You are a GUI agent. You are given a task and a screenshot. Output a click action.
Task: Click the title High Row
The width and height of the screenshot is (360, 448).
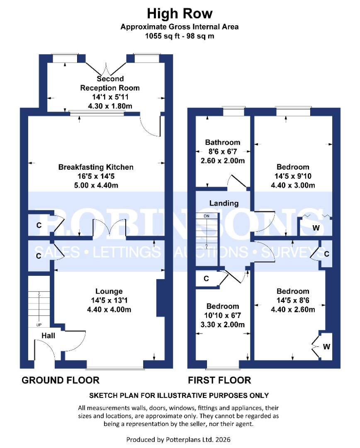coord(180,14)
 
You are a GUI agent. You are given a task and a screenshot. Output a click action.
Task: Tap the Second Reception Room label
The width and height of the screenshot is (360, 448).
coord(109,83)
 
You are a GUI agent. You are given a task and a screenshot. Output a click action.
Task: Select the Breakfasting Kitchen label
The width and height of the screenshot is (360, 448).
coord(96,167)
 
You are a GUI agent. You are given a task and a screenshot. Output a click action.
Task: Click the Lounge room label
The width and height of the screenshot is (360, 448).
coord(109,291)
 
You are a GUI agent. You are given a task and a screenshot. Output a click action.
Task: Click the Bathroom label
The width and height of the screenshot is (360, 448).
coord(223,143)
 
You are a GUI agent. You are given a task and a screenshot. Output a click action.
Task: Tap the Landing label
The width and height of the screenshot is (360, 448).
coord(224,203)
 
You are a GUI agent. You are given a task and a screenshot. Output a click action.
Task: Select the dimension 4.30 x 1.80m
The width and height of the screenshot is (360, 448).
coord(109,106)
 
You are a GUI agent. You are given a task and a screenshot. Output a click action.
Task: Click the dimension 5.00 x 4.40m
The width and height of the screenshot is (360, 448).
coord(96,185)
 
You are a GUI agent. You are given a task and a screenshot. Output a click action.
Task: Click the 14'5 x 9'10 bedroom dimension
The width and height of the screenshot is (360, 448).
coord(293,176)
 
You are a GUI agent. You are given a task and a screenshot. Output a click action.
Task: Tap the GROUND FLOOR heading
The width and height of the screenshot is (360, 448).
coord(61,380)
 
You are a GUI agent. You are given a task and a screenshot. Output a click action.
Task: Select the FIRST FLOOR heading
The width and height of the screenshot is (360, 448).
coord(219,380)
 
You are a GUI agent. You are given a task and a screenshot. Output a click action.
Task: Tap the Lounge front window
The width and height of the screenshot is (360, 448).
coord(115,367)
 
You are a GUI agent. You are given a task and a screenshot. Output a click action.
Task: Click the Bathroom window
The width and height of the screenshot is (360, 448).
coord(233,111)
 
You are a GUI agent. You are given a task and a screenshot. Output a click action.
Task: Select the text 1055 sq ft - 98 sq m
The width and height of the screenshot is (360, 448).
coord(180,36)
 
